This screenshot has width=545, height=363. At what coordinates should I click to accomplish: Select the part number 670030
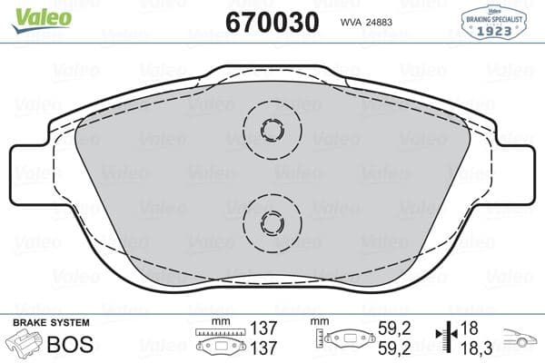point(272,21)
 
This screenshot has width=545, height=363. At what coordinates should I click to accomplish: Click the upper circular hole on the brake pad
point(272,130)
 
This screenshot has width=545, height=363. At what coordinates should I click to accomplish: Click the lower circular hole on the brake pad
point(272,219)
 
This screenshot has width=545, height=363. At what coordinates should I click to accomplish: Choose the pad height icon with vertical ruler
point(342,339)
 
